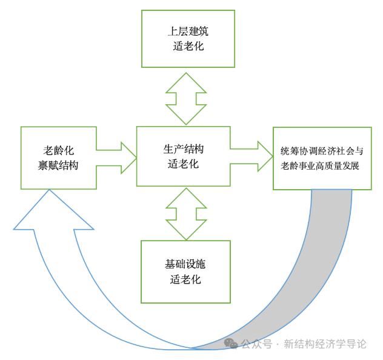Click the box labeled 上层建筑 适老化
click(188, 39)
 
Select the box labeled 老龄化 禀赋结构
click(58, 158)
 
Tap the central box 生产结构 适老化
click(183, 156)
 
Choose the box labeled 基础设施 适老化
click(185, 272)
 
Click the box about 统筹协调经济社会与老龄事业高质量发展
click(322, 158)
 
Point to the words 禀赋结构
click(58, 165)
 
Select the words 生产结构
click(183, 149)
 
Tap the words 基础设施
click(185, 264)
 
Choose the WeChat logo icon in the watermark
click(231, 344)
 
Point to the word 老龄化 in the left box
click(58, 150)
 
